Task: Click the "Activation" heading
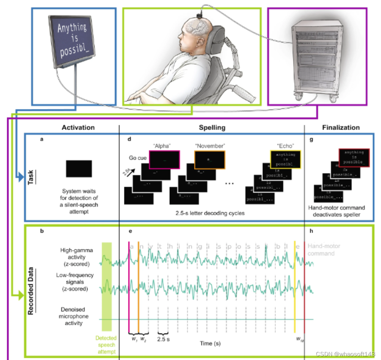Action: (78, 127)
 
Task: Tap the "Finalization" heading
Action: (341, 127)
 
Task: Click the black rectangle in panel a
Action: (79, 169)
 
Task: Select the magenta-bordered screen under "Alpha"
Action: (165, 159)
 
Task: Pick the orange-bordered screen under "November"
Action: (210, 159)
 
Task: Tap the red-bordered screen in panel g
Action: (353, 157)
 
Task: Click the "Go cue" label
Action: (137, 158)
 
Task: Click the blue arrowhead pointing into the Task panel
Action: (20, 179)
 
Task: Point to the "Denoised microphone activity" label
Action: (73, 316)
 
